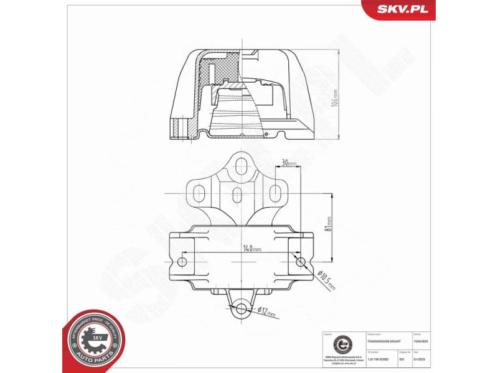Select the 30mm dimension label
point(287,163)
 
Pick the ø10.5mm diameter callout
point(326,279)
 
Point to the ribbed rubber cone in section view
point(235,115)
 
